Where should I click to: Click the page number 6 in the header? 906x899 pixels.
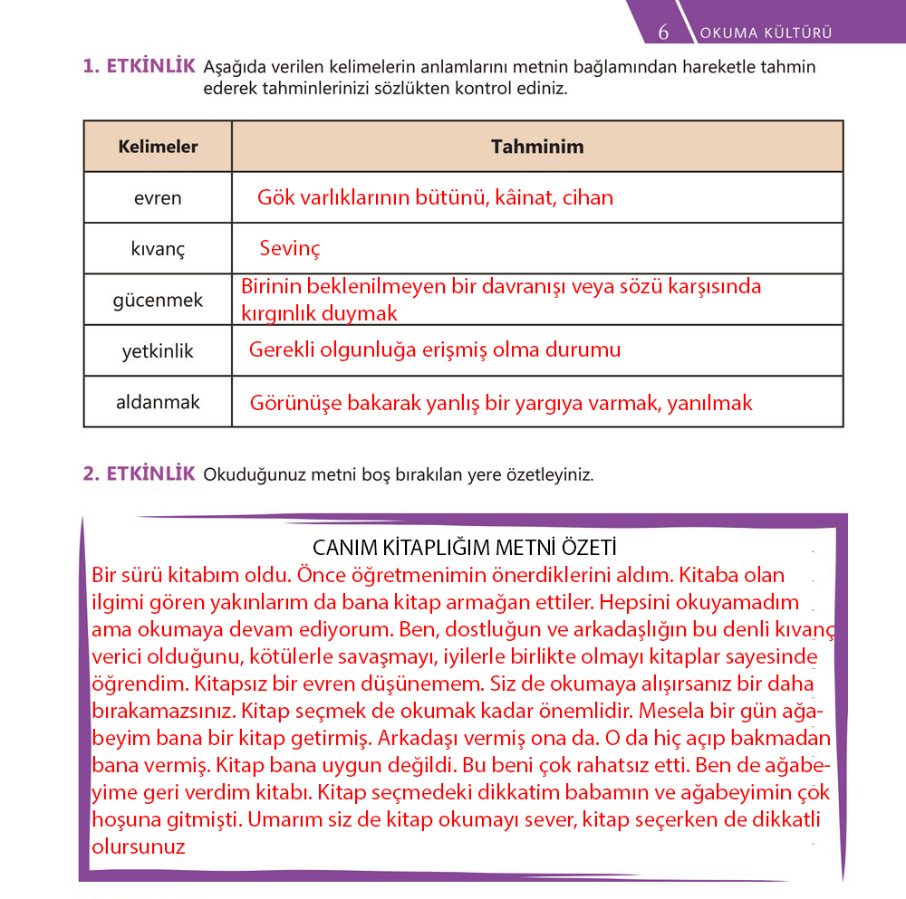pyautogui.click(x=663, y=33)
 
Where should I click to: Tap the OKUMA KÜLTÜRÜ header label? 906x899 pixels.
pyautogui.click(x=766, y=33)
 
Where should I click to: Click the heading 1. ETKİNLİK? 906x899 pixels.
pyautogui.click(x=139, y=66)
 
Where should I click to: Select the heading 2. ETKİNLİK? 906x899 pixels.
pyautogui.click(x=139, y=473)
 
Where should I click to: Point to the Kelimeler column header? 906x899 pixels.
pyautogui.click(x=158, y=147)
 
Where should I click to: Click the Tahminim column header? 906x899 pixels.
pyautogui.click(x=537, y=147)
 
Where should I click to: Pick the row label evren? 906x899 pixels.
pyautogui.click(x=158, y=198)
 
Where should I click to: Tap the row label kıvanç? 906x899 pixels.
pyautogui.click(x=158, y=249)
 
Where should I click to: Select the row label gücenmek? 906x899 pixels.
pyautogui.click(x=158, y=300)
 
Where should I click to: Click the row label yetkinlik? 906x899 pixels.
pyautogui.click(x=158, y=351)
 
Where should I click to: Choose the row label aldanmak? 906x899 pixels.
pyautogui.click(x=158, y=402)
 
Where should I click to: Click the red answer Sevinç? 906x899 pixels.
pyautogui.click(x=290, y=249)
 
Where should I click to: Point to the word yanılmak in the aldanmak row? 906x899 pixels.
pyautogui.click(x=709, y=403)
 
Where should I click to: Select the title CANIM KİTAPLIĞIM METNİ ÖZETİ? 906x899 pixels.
pyautogui.click(x=464, y=549)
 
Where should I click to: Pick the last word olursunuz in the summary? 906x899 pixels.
pyautogui.click(x=139, y=847)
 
